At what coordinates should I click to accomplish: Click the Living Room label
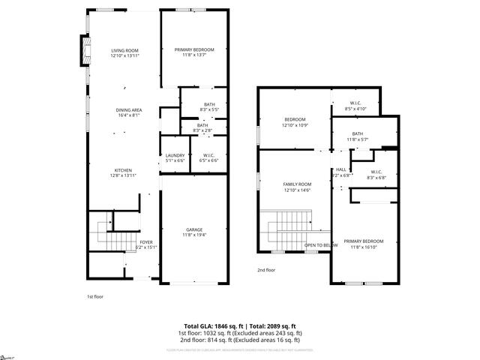click(124, 52)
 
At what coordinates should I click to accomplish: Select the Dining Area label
click(129, 112)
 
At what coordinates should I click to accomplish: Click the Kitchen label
click(124, 172)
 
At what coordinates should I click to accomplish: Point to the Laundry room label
click(174, 157)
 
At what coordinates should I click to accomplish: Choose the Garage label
click(194, 232)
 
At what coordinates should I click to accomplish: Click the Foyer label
click(145, 244)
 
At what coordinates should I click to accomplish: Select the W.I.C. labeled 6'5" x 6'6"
click(208, 157)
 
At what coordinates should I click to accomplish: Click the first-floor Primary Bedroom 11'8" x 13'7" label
click(194, 52)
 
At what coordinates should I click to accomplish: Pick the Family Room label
click(297, 187)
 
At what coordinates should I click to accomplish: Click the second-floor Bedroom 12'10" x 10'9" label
click(294, 122)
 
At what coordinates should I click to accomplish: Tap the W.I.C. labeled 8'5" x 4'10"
click(355, 106)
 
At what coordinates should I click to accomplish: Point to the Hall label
click(341, 172)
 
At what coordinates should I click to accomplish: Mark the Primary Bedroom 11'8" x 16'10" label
click(364, 244)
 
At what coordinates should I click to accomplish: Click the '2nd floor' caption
click(266, 270)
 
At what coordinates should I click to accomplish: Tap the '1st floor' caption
click(94, 297)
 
